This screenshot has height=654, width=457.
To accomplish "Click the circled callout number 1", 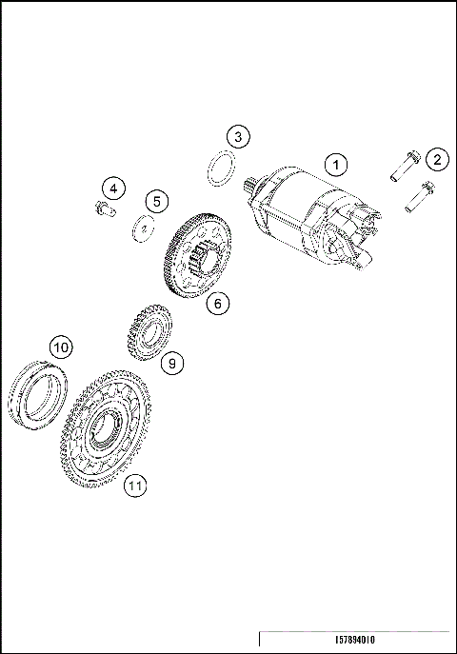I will point(335,164).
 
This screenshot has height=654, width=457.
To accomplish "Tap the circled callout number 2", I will point(436,159).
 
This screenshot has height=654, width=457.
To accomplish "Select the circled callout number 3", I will point(238,137).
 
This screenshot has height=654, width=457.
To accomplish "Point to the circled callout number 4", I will point(112,188).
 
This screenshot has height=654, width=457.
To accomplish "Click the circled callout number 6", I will point(217,304).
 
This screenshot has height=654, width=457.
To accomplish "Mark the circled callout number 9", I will point(172,363).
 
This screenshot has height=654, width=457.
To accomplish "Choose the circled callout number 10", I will point(61,347).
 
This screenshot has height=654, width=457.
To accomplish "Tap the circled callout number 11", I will point(136,486).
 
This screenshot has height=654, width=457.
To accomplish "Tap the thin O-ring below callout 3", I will point(221,170).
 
